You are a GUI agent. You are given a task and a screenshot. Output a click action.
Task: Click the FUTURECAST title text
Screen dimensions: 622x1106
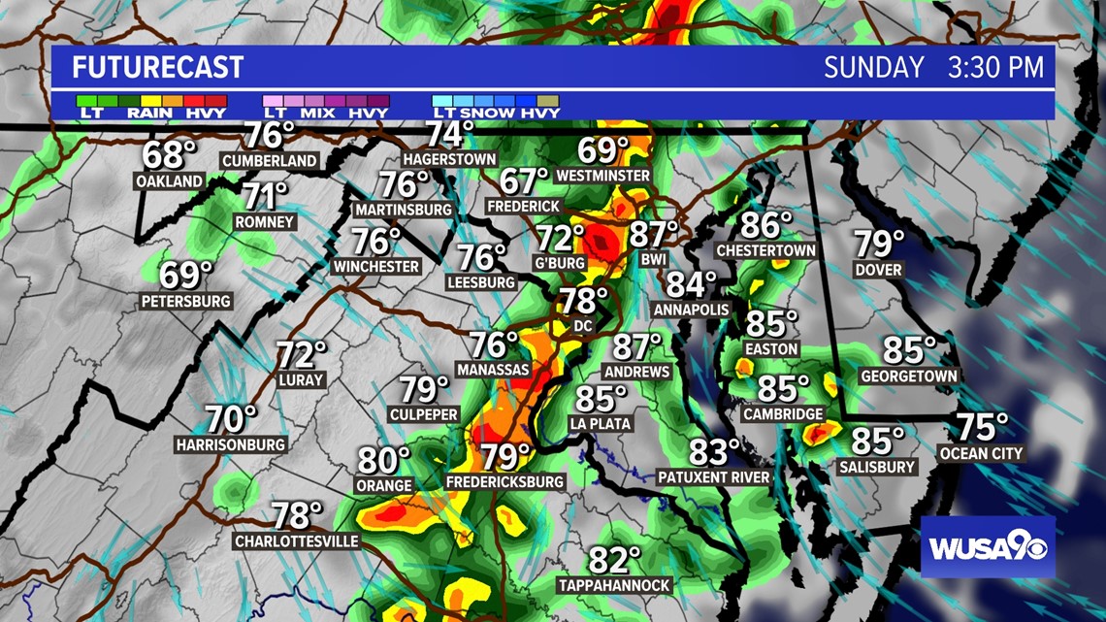pos(157,68)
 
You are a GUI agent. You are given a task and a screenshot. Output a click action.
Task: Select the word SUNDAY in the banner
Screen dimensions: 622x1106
pos(874,68)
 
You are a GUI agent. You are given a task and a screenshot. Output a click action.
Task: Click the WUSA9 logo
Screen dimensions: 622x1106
pos(987,547)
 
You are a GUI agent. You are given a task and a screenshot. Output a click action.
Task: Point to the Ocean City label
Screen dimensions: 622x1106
pos(980,453)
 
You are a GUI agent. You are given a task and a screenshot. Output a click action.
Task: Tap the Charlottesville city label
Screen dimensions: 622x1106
pos(296,541)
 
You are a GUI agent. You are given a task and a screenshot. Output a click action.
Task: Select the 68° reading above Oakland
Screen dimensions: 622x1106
pos(169,154)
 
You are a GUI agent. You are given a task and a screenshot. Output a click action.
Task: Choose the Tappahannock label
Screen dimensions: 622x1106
pos(614,585)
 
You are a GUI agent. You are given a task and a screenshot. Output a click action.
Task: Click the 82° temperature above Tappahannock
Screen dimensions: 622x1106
pos(615,560)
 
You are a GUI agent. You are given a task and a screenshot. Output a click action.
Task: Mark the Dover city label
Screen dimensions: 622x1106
pos(878,269)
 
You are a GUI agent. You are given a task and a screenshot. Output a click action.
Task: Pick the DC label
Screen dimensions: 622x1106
pos(582,326)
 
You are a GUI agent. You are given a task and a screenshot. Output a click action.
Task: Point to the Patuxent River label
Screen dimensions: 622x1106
pos(713,477)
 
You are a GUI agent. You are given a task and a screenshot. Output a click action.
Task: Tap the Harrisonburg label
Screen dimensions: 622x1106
pos(231,444)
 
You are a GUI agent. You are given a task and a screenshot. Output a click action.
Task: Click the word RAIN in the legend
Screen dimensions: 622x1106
pos(149,113)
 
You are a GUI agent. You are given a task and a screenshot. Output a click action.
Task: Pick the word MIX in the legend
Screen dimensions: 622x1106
pos(317,113)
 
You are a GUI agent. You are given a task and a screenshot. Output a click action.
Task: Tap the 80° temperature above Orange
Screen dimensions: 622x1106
pos(384,459)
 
